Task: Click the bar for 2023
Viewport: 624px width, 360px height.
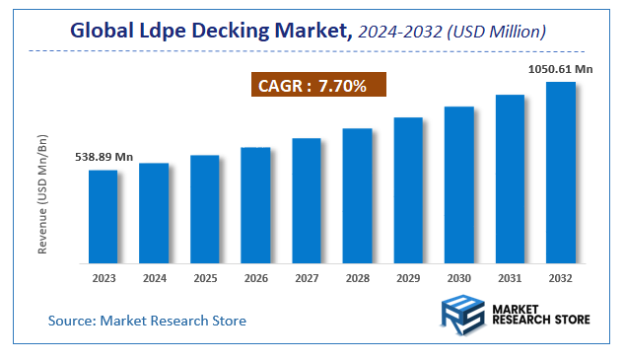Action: pyautogui.click(x=104, y=217)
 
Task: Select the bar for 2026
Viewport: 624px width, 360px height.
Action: pyautogui.click(x=255, y=205)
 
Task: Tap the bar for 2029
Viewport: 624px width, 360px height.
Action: pyautogui.click(x=408, y=190)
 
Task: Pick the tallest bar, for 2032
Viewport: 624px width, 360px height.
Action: pyautogui.click(x=561, y=173)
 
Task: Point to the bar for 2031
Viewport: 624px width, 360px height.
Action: pyautogui.click(x=510, y=179)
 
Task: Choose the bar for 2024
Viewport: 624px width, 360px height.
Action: pyautogui.click(x=154, y=213)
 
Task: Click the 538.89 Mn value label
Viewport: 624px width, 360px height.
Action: pyautogui.click(x=104, y=158)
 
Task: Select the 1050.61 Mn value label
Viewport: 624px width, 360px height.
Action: pyautogui.click(x=561, y=69)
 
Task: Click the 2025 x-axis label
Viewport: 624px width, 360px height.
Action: pyautogui.click(x=205, y=279)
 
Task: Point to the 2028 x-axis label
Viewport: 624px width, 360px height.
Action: pyautogui.click(x=357, y=279)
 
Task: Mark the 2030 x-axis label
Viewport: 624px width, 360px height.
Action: pyautogui.click(x=459, y=279)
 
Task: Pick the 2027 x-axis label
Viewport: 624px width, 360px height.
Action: pyautogui.click(x=307, y=279)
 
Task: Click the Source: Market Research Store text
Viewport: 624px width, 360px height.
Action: pyautogui.click(x=148, y=321)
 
